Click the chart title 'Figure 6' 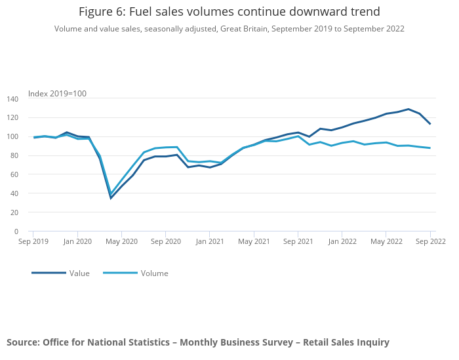click(x=229, y=12)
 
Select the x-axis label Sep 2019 click(x=33, y=241)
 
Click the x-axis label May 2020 click(x=121, y=241)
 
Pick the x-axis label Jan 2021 click(x=210, y=241)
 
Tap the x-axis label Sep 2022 click(x=430, y=241)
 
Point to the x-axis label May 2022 click(x=386, y=241)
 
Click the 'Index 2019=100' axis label click(x=57, y=94)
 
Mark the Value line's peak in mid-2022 click(x=408, y=110)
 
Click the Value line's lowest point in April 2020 click(x=111, y=198)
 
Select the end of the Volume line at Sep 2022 click(x=430, y=148)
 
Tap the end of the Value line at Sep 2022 click(x=430, y=124)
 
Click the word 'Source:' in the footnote click(x=23, y=342)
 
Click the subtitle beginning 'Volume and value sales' click(x=229, y=29)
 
